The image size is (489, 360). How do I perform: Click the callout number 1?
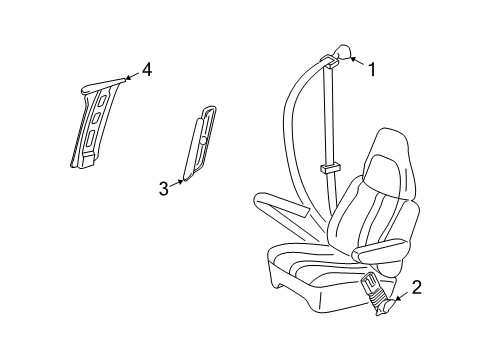pos(372,69)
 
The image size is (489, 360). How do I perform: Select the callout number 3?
pos(164,187)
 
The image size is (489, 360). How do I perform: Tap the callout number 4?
pos(147,69)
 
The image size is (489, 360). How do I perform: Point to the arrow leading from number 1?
pos(354,62)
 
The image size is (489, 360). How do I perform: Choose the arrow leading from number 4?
pos(127,77)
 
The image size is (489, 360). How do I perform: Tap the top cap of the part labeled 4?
pos(101,86)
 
